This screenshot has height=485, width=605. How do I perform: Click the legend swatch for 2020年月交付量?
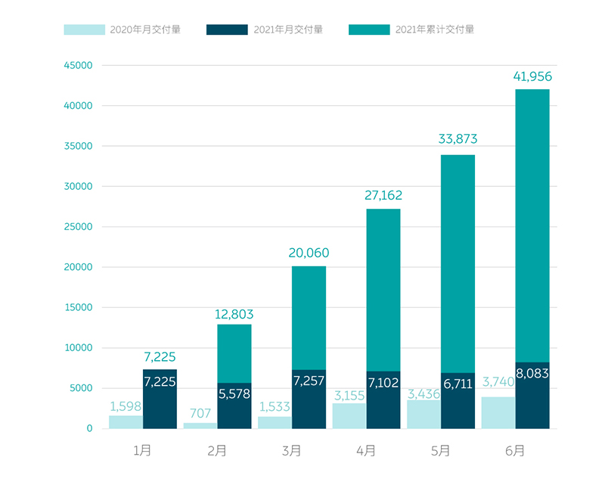[x=84, y=30]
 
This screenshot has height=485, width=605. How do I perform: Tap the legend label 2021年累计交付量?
[x=435, y=30]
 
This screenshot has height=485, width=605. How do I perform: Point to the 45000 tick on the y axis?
[x=79, y=65]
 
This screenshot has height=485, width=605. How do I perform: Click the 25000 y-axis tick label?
[x=79, y=227]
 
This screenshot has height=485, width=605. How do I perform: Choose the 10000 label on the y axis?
[x=79, y=348]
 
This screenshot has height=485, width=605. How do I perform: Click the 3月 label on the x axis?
[x=291, y=451]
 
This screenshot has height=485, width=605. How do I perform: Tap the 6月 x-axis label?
[x=515, y=451]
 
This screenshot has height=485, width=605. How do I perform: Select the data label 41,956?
[x=532, y=76]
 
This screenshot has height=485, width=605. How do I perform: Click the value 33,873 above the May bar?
[x=458, y=139]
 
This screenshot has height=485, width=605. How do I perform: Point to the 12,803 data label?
[x=234, y=314]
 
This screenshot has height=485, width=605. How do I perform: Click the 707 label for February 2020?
[x=200, y=413]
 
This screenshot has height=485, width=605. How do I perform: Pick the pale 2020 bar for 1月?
[x=126, y=422]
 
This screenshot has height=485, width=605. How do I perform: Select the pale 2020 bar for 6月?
[x=498, y=413]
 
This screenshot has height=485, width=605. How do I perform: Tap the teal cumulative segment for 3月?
[x=309, y=318]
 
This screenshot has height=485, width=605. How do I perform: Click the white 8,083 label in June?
[x=532, y=374]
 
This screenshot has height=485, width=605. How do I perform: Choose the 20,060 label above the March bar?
[x=309, y=253]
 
